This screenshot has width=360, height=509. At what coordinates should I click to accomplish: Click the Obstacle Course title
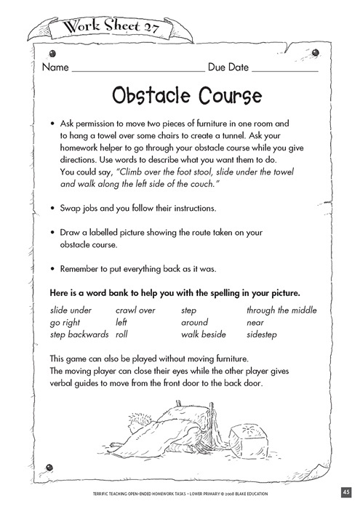(x=180, y=96)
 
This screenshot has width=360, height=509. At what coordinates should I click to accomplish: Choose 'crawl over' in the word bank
(x=136, y=310)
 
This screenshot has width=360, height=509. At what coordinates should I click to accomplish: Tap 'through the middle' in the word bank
(x=281, y=310)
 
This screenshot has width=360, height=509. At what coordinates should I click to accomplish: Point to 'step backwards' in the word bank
(x=79, y=334)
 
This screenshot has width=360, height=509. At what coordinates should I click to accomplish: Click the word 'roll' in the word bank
(x=122, y=334)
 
